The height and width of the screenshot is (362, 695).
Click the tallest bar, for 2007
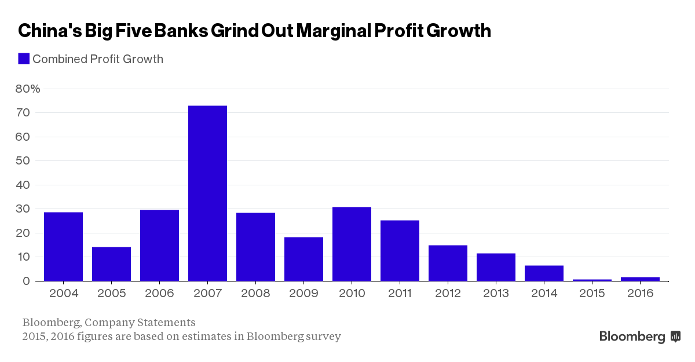(x=207, y=193)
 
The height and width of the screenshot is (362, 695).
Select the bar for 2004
(x=63, y=246)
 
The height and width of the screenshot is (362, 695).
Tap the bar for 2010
(x=352, y=244)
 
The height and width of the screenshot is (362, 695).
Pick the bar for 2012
(x=448, y=263)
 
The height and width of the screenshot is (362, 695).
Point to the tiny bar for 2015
(x=592, y=280)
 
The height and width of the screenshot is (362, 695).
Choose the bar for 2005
(x=111, y=264)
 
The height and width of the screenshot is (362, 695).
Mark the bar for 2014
(x=544, y=273)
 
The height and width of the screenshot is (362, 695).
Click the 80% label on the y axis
(x=28, y=89)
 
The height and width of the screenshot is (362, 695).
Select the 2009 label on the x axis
(x=303, y=294)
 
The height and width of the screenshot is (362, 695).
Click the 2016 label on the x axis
(x=640, y=294)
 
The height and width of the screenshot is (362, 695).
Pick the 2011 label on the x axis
(x=400, y=294)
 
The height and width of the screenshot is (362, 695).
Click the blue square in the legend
(x=24, y=58)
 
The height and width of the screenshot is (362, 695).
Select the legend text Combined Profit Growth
(x=98, y=59)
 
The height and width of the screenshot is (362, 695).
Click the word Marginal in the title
(x=337, y=31)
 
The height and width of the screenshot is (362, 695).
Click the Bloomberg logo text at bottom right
(x=632, y=337)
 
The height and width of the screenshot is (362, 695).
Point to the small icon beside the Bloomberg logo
(x=675, y=336)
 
